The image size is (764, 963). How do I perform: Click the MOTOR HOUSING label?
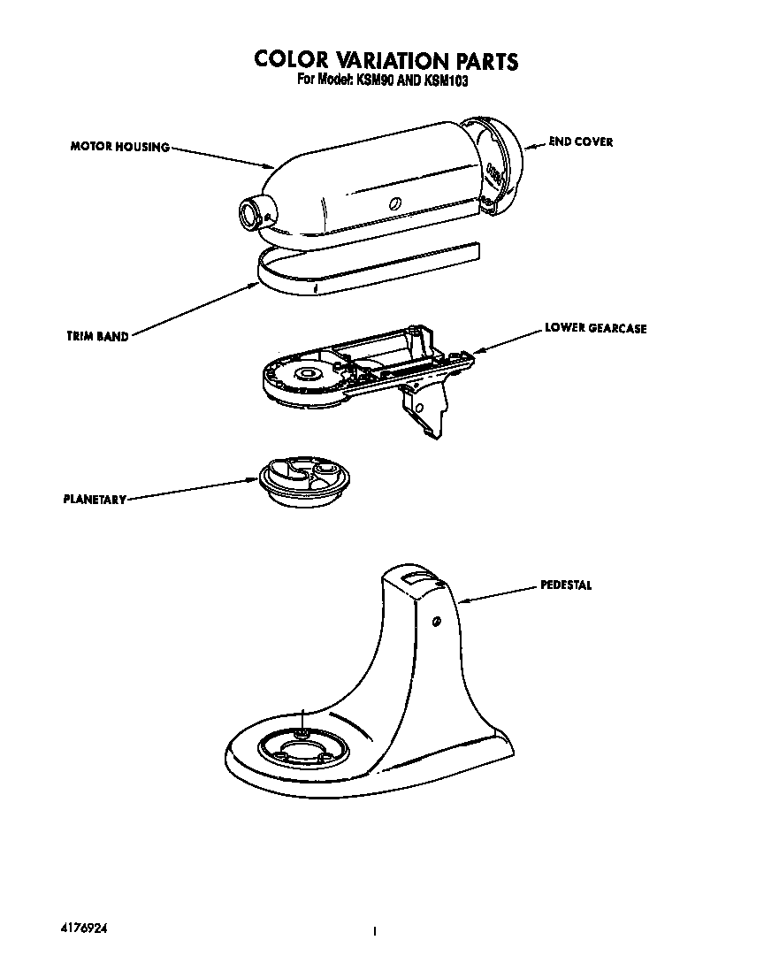click(x=119, y=147)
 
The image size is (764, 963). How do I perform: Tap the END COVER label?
click(x=580, y=141)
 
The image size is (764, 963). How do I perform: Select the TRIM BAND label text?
click(x=97, y=336)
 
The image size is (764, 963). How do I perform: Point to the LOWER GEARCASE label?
click(x=595, y=328)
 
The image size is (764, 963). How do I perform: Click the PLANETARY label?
click(x=95, y=499)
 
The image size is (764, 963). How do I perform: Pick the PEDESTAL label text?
click(x=566, y=585)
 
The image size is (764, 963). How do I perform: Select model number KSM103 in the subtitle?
click(x=447, y=80)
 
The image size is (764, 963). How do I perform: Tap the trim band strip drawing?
click(x=354, y=270)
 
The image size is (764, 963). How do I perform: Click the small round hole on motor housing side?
click(x=395, y=203)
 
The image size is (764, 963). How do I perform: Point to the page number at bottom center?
click(x=376, y=931)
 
